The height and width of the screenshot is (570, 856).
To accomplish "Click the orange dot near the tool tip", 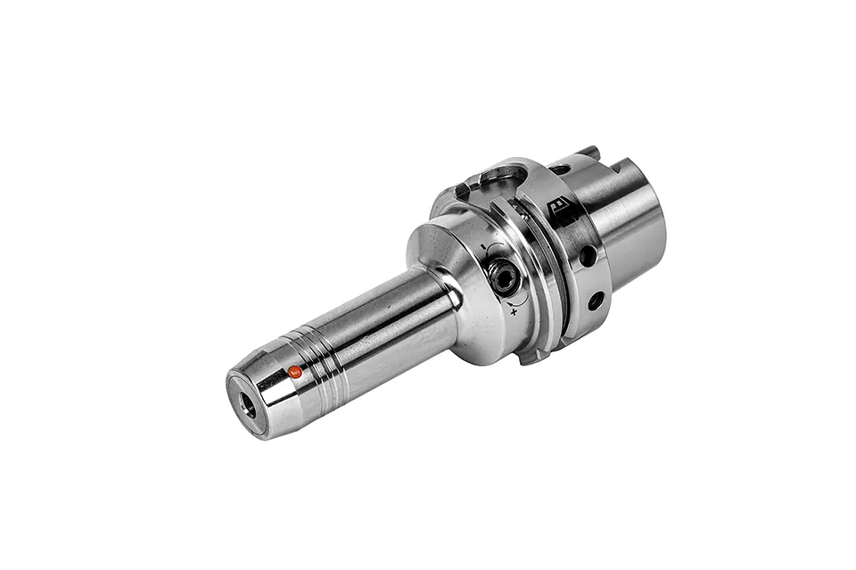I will [292, 371].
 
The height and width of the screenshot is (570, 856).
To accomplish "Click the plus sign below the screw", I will [515, 313].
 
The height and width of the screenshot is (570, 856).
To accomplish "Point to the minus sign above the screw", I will [482, 247].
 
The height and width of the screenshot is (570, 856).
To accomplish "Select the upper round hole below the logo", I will [587, 256].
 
